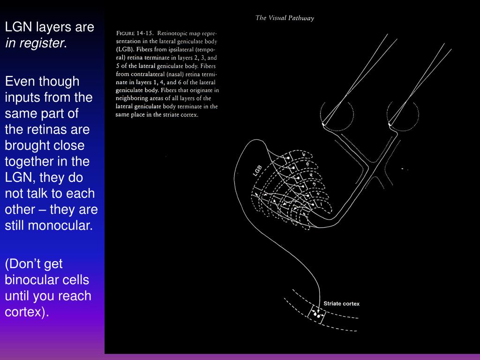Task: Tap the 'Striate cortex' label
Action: tap(341, 304)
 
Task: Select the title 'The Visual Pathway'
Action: tap(285, 18)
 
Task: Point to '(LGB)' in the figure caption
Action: tap(125, 49)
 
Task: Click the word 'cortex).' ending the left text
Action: tap(27, 312)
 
